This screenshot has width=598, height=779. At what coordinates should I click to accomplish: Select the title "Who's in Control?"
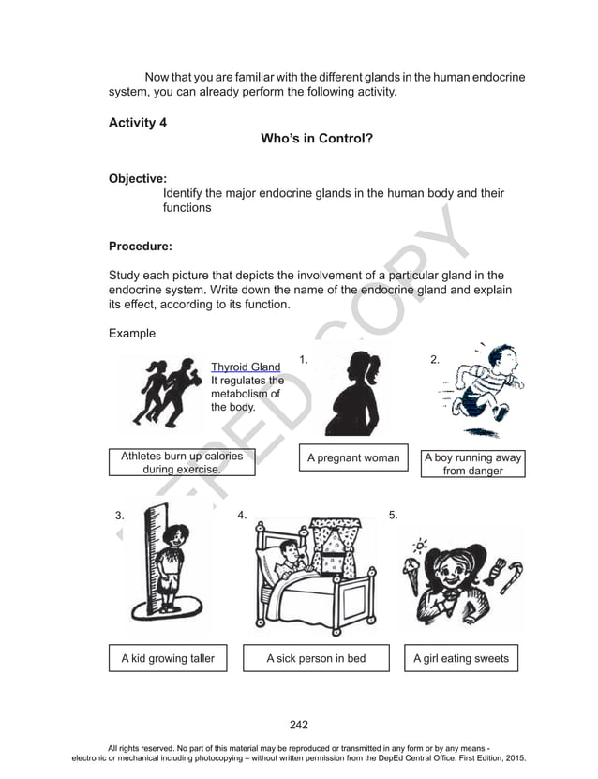317,139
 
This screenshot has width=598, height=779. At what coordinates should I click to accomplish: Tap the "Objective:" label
138,178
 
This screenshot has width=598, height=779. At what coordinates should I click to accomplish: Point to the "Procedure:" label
141,247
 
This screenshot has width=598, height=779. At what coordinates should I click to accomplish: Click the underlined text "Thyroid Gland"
245,367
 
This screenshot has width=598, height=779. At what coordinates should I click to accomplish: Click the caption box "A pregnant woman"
353,458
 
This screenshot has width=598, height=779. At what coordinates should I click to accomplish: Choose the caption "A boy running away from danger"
472,464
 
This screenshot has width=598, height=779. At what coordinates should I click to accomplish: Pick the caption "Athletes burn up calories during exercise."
182,462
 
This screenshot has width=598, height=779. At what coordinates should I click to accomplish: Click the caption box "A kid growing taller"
168,658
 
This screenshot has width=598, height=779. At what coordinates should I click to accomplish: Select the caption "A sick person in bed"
316,658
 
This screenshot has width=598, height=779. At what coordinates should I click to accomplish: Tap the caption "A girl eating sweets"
461,658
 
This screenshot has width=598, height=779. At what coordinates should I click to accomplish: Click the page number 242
299,724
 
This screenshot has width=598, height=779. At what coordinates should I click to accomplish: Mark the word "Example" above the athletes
131,334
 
